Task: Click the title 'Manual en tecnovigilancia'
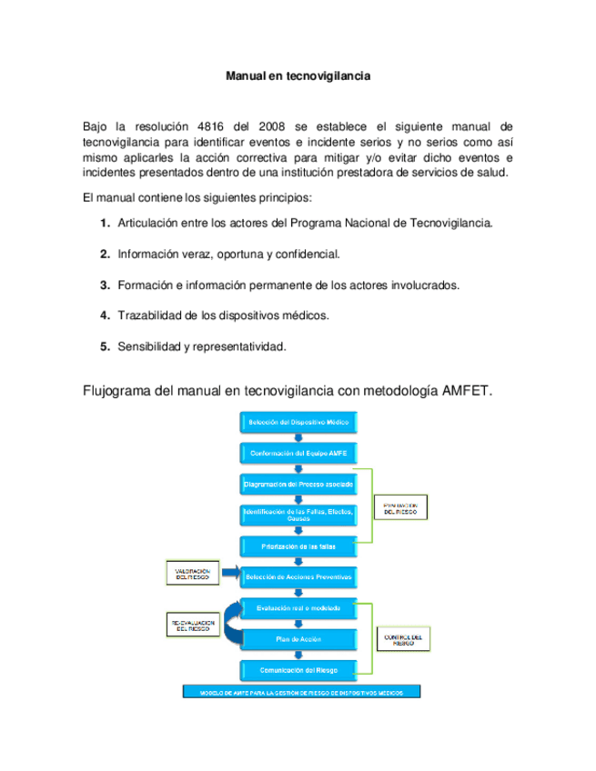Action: pyautogui.click(x=298, y=77)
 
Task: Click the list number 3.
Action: pyautogui.click(x=105, y=285)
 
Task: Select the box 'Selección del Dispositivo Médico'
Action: pyautogui.click(x=298, y=422)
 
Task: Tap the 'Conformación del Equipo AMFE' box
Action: pyautogui.click(x=298, y=452)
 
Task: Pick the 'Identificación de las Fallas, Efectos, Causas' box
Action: pyautogui.click(x=298, y=516)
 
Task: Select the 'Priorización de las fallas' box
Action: pyautogui.click(x=298, y=546)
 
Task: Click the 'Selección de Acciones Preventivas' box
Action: pyautogui.click(x=298, y=576)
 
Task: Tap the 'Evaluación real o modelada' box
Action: pyautogui.click(x=298, y=607)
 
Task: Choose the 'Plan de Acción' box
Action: pyautogui.click(x=298, y=639)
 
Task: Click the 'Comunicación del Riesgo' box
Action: pyautogui.click(x=298, y=670)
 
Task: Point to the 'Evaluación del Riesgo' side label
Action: pyautogui.click(x=400, y=508)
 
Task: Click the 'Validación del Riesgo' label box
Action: pyautogui.click(x=192, y=574)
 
